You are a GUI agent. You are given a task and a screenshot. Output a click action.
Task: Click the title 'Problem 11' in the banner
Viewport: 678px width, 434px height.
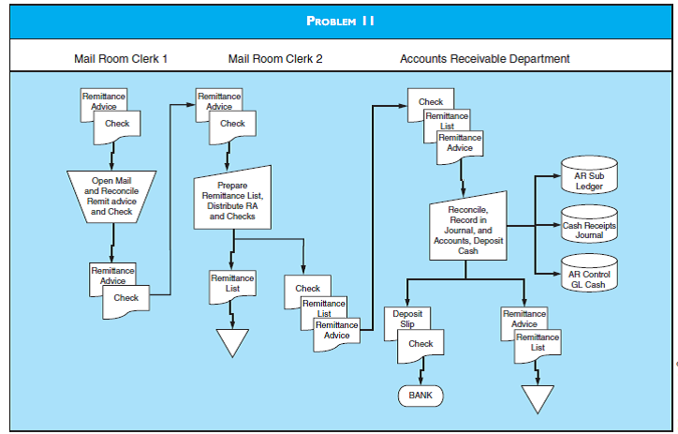pos(339,21)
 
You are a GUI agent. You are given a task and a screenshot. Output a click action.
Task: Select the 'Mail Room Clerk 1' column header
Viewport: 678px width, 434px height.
pos(121,59)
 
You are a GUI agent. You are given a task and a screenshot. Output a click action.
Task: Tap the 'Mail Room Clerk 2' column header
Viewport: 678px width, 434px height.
pos(275,59)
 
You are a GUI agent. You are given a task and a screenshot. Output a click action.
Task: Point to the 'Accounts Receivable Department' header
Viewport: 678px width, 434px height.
pos(484,59)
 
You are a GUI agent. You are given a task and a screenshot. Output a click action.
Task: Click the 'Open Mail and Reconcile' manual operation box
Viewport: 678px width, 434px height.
pos(112,196)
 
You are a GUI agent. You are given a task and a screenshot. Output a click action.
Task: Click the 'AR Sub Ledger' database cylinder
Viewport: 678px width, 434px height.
pos(589,175)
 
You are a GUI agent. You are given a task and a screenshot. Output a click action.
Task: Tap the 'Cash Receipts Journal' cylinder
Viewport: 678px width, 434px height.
pos(589,226)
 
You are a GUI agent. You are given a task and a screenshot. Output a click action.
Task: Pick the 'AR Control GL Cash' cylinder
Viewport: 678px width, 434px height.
pos(589,276)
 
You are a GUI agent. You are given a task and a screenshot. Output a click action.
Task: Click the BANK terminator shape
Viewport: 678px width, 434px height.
pos(420,396)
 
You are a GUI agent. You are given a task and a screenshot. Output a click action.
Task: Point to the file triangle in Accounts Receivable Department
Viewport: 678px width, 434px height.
pos(537,398)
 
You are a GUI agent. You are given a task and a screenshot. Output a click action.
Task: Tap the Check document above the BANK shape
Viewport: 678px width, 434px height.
pos(420,346)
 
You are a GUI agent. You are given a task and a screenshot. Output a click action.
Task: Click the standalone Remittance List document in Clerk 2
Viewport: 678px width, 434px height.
pos(231,284)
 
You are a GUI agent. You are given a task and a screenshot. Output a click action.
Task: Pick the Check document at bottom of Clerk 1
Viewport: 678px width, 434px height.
pos(125,299)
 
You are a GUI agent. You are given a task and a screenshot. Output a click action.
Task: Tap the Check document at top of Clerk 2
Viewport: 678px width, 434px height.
pos(232,125)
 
